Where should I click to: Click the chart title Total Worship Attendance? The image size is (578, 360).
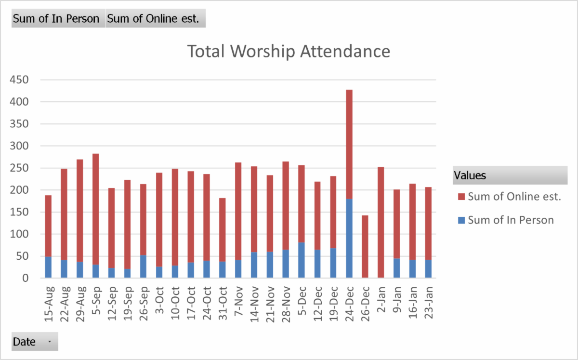click(288, 51)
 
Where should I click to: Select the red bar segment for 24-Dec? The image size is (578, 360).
click(349, 145)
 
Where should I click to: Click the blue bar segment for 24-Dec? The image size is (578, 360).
click(349, 239)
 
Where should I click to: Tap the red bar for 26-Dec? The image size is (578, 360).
click(365, 246)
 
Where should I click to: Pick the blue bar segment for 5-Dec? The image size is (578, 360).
click(302, 260)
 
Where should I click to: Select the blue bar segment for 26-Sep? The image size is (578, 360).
click(143, 267)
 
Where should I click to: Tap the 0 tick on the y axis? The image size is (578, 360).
click(26, 279)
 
